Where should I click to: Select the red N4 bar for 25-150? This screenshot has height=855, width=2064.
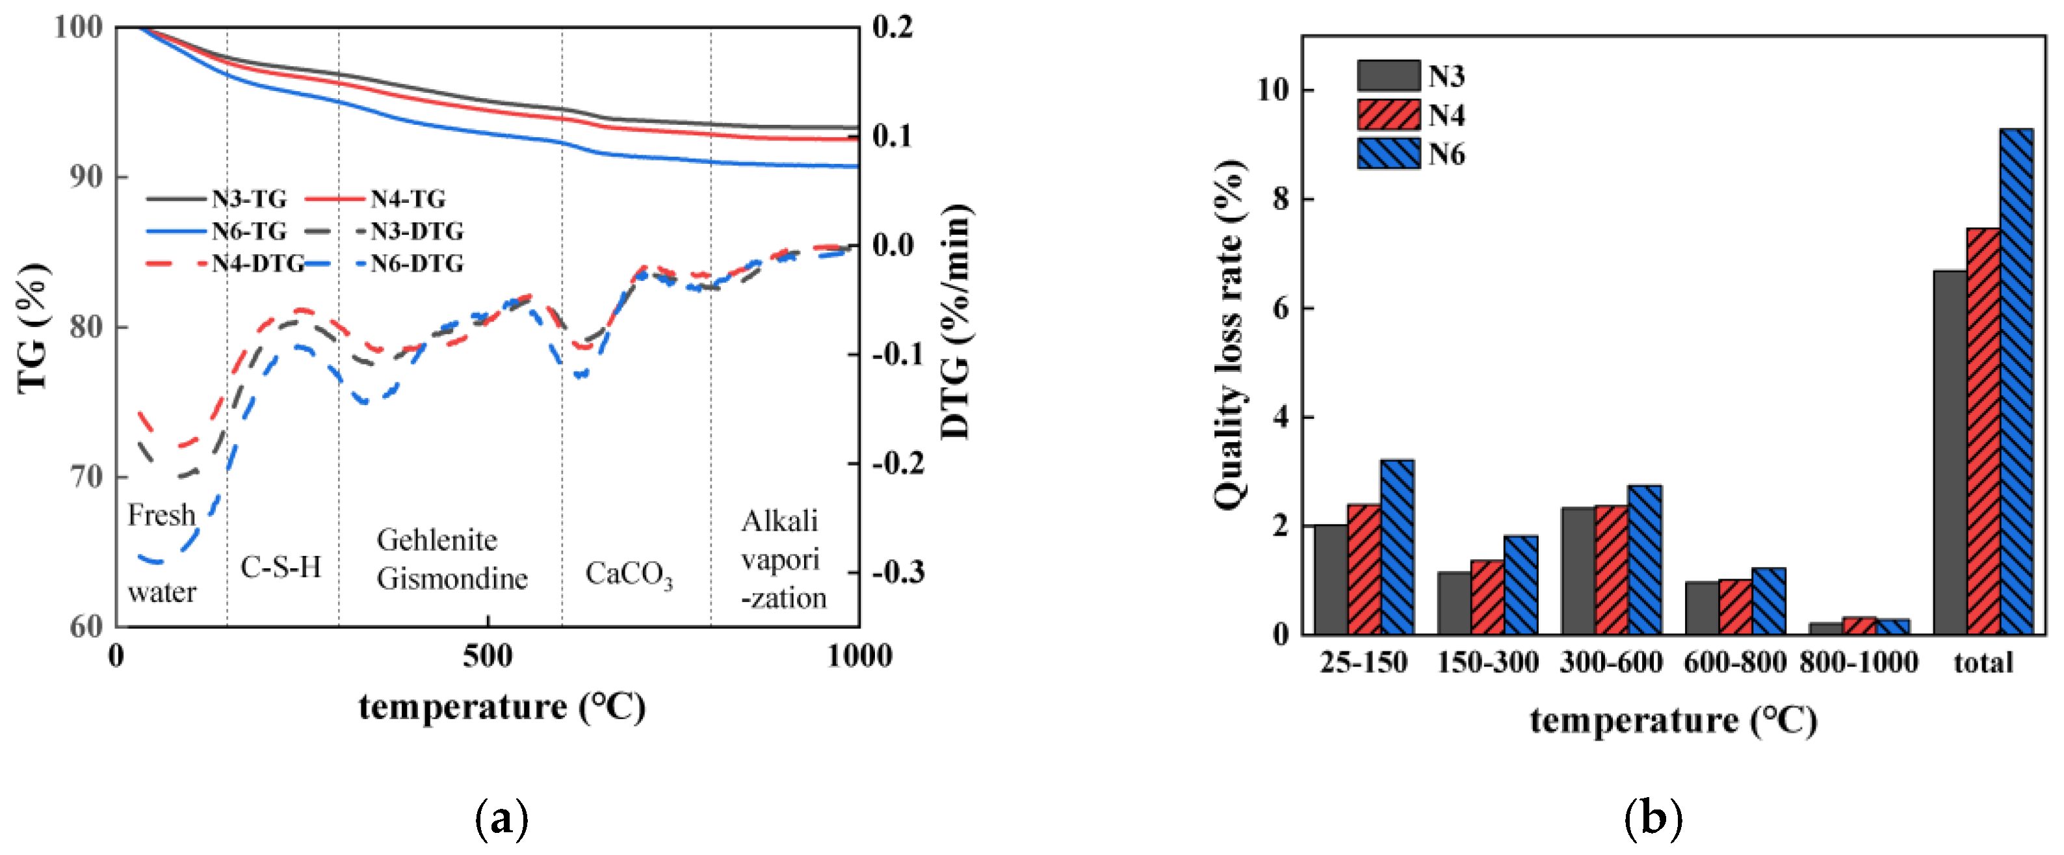pyautogui.click(x=1364, y=569)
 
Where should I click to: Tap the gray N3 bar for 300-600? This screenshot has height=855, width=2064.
pyautogui.click(x=1578, y=570)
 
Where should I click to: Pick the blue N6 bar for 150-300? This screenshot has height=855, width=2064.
pyautogui.click(x=1520, y=585)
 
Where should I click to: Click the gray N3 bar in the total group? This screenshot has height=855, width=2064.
pyautogui.click(x=1950, y=453)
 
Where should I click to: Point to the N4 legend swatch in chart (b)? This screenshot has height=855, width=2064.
pyautogui.click(x=1388, y=114)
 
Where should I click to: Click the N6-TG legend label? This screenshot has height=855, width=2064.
pyautogui.click(x=248, y=231)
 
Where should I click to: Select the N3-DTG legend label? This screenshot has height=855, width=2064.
pyautogui.click(x=417, y=231)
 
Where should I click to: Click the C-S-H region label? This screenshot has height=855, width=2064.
pyautogui.click(x=280, y=568)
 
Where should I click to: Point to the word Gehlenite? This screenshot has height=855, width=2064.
pyautogui.click(x=437, y=540)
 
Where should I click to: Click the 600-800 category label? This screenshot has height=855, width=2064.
pyautogui.click(x=1734, y=663)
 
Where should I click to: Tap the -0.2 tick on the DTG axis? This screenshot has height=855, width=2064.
pyautogui.click(x=897, y=463)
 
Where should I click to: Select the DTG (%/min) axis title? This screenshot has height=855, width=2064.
pyautogui.click(x=955, y=321)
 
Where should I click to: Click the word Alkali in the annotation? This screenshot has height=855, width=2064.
pyautogui.click(x=779, y=521)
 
